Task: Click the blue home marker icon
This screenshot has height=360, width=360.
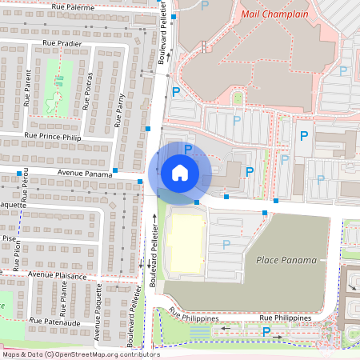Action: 180,172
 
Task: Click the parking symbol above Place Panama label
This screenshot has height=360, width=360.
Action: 226,244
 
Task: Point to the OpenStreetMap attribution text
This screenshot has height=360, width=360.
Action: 80,354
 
